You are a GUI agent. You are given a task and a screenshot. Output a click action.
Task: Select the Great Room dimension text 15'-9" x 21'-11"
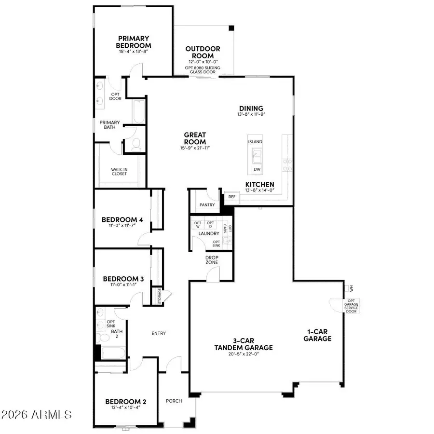coord(194,148)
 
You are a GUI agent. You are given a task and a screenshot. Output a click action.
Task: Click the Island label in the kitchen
coord(255,142)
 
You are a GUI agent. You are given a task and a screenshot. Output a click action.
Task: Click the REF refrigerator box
coord(231,197)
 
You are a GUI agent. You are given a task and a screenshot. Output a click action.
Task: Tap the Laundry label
coord(208,233)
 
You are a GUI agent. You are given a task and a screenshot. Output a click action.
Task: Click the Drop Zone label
coord(212,260)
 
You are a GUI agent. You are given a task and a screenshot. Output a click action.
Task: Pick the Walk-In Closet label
coord(119,172)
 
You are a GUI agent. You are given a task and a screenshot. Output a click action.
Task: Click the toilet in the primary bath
coord(136,144)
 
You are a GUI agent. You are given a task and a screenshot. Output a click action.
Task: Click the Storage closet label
coord(159,295)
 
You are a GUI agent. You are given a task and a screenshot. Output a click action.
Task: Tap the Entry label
coord(159,333)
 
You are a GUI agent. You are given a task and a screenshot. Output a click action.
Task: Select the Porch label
coord(174,401)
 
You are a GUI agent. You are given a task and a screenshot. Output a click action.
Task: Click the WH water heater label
coord(352,288)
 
